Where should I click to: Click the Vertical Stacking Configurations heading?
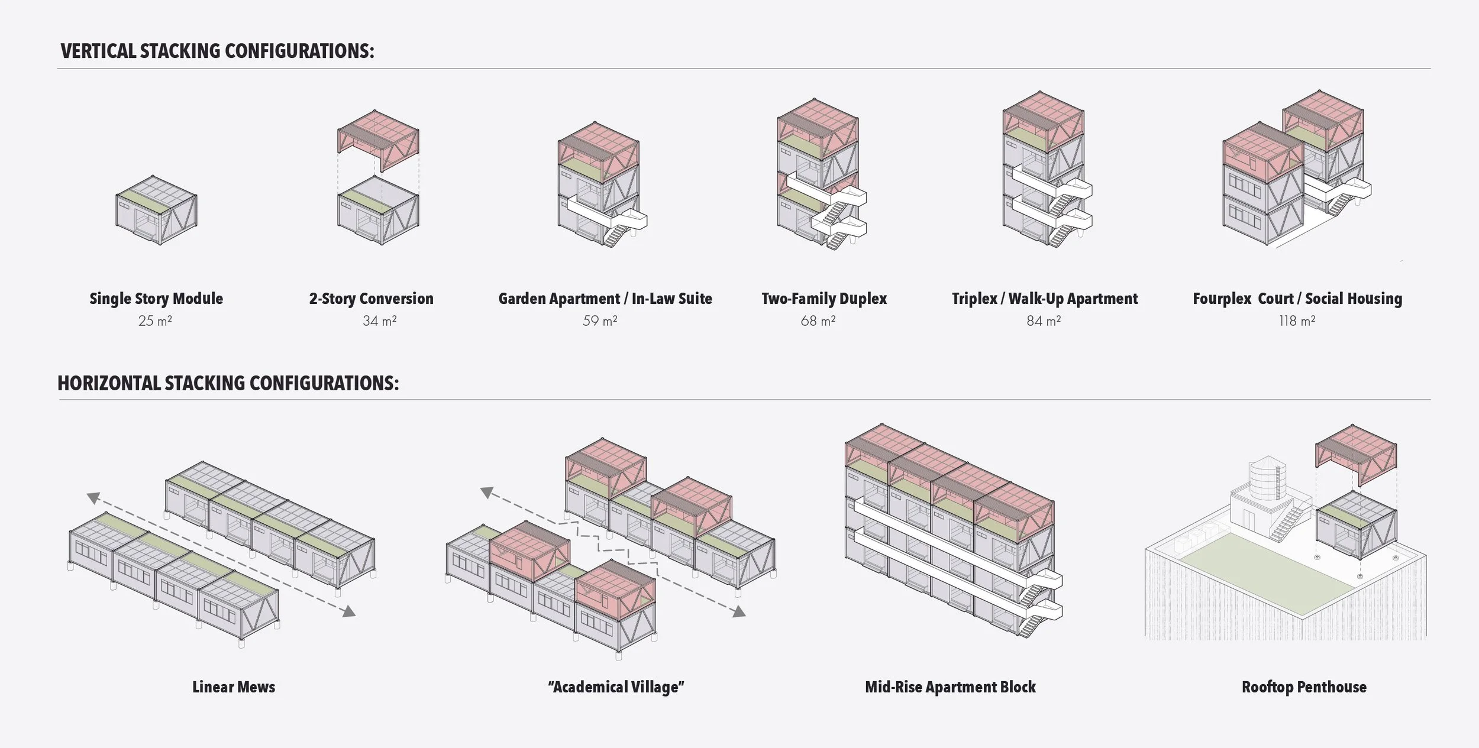(217, 51)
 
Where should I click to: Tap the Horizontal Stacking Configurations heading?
(228, 384)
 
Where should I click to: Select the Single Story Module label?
(156, 299)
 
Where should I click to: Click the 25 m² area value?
(155, 321)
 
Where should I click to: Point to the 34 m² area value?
(380, 321)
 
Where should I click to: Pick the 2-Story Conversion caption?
(371, 299)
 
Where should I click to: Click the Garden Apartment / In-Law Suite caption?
(605, 299)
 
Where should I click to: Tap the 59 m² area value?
(600, 321)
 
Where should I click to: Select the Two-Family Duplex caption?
(824, 299)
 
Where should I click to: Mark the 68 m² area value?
(818, 321)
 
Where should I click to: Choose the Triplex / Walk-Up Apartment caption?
(1045, 299)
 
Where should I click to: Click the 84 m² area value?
(1044, 321)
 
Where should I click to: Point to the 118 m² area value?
(1297, 321)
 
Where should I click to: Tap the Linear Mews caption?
(234, 687)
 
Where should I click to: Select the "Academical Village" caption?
(616, 687)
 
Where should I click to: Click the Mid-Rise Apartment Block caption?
(950, 687)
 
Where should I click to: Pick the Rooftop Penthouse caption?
(1304, 687)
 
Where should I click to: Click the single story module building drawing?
(156, 210)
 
